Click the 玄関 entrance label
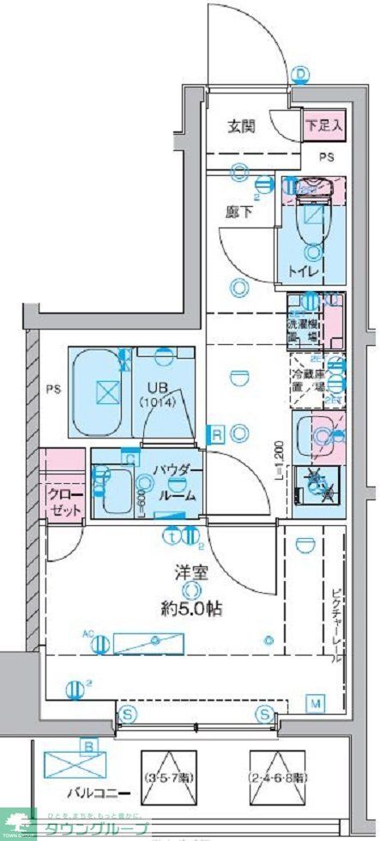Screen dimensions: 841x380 click(x=241, y=126)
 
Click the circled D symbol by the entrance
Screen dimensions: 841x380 click(x=301, y=75)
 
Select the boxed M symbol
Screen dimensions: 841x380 click(x=316, y=704)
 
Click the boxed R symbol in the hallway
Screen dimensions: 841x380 click(x=218, y=434)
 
